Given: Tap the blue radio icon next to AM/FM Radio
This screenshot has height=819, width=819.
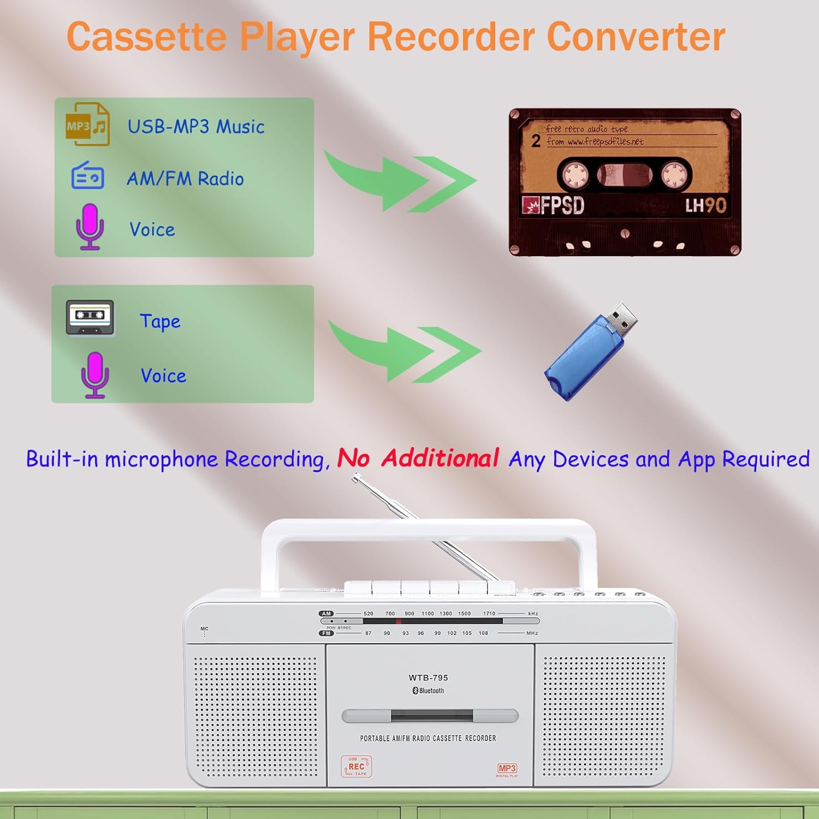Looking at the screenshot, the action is [x=87, y=176].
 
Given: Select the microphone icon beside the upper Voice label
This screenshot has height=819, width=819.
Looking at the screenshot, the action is [x=90, y=226].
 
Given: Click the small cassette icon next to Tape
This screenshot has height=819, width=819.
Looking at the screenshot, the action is [x=90, y=317].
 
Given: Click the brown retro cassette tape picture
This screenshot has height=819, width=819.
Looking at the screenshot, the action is [x=625, y=182].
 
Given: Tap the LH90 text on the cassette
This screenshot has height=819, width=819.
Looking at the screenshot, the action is [x=705, y=206].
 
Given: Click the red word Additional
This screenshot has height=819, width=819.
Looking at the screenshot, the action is [x=440, y=458].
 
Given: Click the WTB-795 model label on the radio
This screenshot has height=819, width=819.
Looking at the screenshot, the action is [x=428, y=678].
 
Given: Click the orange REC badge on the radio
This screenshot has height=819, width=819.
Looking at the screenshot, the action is [x=356, y=767].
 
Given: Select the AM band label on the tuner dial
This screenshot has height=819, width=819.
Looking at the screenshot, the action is [x=326, y=614].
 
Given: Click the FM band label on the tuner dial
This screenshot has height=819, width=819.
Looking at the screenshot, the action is [x=326, y=633].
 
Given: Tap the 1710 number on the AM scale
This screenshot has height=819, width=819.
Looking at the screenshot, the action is [x=489, y=614].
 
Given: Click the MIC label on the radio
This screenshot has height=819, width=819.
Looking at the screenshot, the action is [x=204, y=629].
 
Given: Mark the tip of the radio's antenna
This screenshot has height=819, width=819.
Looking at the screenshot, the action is [x=355, y=478].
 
